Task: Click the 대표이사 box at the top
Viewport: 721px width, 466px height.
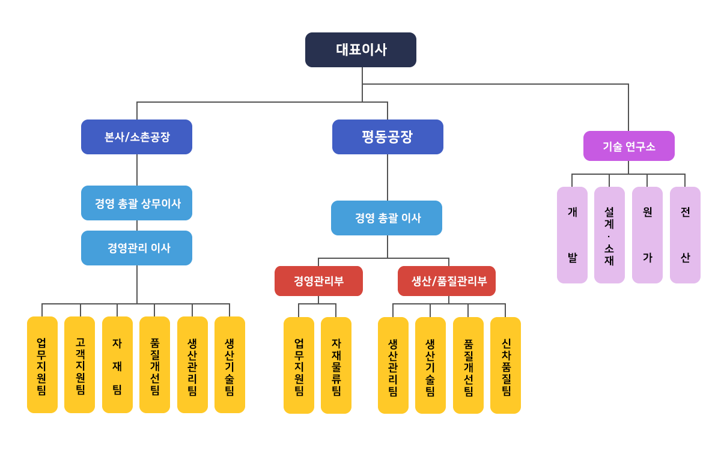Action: coord(360,50)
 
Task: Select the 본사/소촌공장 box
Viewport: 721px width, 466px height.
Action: coord(136,137)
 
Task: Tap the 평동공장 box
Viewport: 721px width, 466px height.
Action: coord(388,137)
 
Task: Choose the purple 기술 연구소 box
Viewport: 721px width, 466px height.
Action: coord(628,146)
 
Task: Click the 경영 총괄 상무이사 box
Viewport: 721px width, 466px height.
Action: coord(136,203)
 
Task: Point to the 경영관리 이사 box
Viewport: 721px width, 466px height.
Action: coord(136,248)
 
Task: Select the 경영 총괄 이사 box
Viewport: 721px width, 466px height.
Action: coord(386,218)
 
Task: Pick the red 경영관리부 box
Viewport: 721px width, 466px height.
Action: coord(318,281)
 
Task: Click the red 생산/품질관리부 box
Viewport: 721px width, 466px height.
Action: coord(446,281)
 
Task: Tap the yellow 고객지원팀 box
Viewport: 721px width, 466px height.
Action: coord(79,365)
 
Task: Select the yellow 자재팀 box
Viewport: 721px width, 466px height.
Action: coord(117,365)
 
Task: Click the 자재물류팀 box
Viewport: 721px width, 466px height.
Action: coord(336,365)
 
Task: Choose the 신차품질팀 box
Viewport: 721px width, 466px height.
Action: coord(505,365)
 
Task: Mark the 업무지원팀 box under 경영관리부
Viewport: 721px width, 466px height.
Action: coord(299,365)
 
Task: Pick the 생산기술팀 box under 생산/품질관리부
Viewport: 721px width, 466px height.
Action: coord(430,365)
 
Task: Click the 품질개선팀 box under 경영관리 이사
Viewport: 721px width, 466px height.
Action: coord(154,365)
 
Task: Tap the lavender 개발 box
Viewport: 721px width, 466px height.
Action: coord(572,235)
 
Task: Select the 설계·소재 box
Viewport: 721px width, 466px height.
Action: coord(609,235)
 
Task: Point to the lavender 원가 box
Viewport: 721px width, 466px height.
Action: coord(647,235)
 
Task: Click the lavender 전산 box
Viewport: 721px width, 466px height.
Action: coord(685,235)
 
